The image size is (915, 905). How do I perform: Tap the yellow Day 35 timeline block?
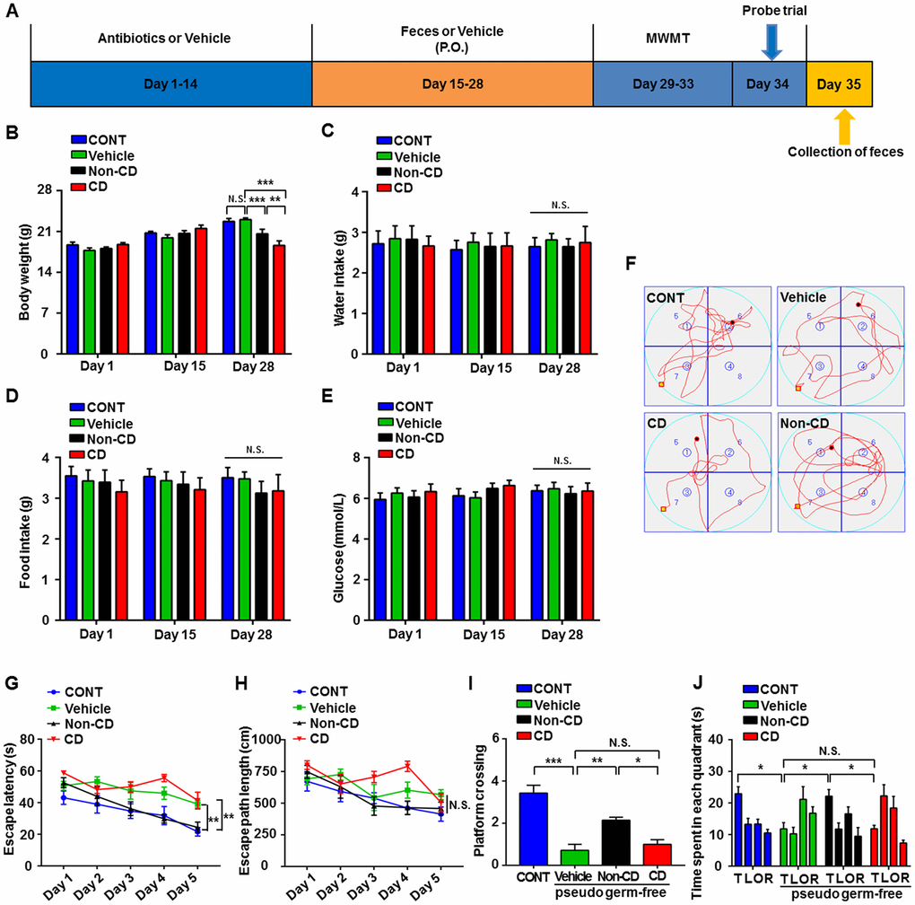pyautogui.click(x=839, y=84)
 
